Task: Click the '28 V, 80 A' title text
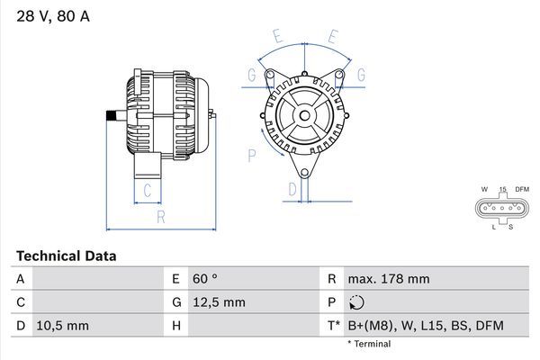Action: (x=52, y=16)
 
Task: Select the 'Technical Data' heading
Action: (x=66, y=256)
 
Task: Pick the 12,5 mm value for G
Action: (x=220, y=302)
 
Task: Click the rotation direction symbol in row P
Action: (x=358, y=302)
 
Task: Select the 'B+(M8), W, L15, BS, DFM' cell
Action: (x=426, y=325)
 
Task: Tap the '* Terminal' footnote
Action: (x=369, y=344)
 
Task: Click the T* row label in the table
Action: (x=333, y=325)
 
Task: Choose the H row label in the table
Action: (x=177, y=325)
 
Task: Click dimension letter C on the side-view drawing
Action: (x=148, y=189)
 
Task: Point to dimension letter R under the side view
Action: (x=160, y=217)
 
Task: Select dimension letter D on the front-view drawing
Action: (x=292, y=188)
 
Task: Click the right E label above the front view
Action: (x=333, y=37)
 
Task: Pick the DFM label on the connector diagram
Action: (x=522, y=189)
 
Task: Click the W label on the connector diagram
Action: (x=484, y=189)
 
